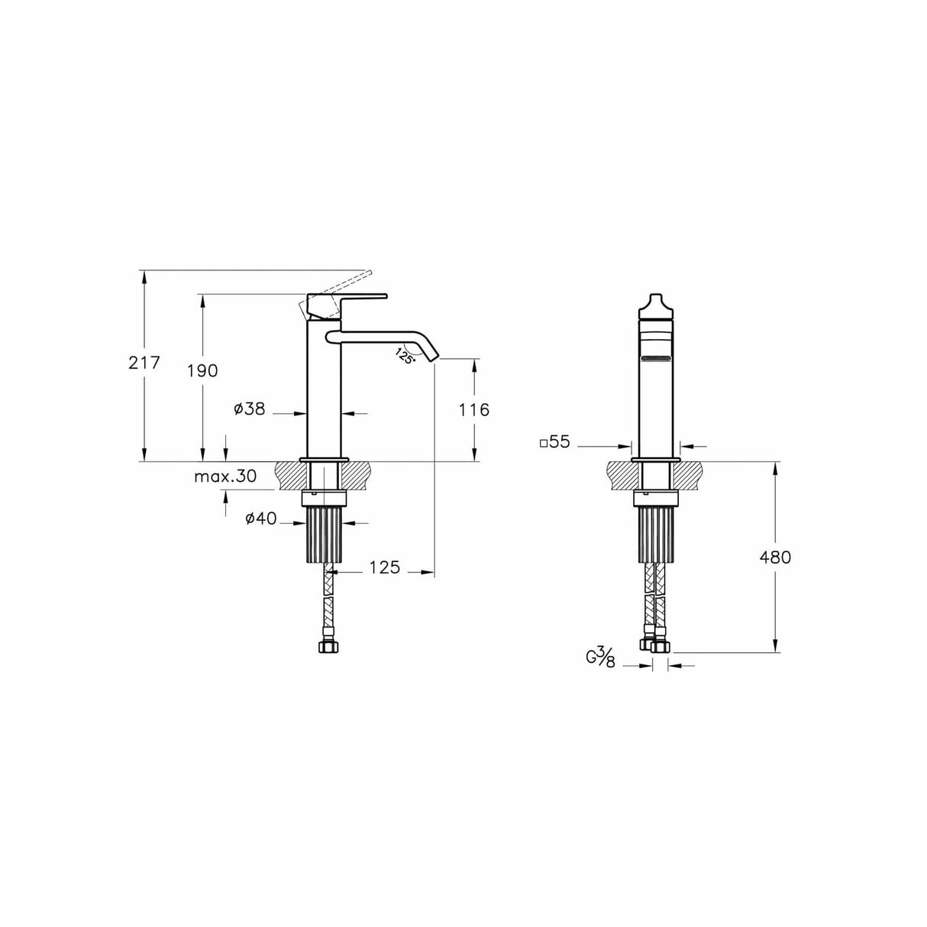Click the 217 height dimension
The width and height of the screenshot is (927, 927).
coord(144,363)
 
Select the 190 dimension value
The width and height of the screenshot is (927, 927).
coord(202,371)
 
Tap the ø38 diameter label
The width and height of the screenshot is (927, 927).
coord(250,410)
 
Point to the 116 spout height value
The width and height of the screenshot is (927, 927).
coord(473,410)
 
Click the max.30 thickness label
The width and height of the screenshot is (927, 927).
coord(224,476)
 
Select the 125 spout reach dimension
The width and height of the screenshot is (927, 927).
coord(384,568)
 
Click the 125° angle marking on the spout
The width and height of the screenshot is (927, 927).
coord(405,354)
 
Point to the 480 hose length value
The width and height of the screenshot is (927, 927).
coord(775,557)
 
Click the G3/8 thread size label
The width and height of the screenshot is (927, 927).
coord(600,657)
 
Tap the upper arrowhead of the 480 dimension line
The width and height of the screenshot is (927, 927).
coord(775,467)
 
